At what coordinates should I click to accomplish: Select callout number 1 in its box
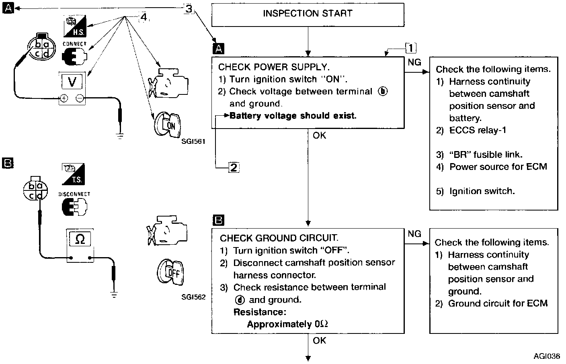pos(410,48)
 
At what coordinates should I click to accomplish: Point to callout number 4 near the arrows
pos(144,16)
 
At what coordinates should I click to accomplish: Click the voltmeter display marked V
pos(72,82)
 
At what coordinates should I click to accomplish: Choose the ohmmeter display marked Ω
pos(80,239)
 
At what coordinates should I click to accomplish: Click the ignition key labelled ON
pos(168,125)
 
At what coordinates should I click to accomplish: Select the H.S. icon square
pos(75,26)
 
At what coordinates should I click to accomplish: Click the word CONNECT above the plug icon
pos(74,44)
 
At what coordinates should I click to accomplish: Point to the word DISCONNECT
pos(74,194)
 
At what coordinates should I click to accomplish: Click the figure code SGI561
pos(193,141)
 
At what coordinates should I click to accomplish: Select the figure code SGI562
pos(193,297)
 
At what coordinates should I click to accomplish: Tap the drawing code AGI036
pos(547,356)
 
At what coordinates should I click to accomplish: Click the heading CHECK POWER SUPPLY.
pos(274,67)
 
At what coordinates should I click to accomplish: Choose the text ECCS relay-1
pos(478,130)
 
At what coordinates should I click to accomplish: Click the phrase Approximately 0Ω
pos(287,324)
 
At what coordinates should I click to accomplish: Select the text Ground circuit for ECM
pos(498,303)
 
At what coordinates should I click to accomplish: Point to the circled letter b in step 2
pos(383,92)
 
